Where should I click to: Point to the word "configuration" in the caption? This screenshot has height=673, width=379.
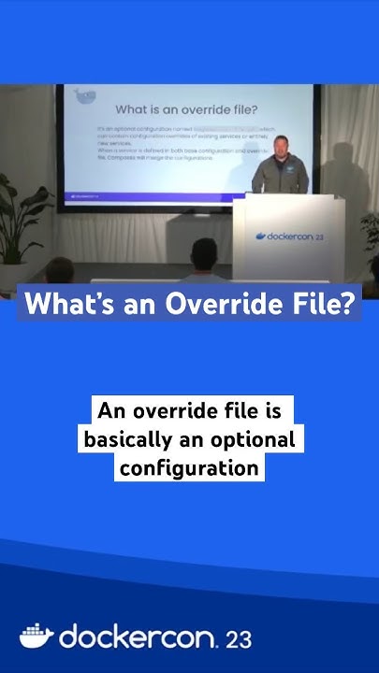190,466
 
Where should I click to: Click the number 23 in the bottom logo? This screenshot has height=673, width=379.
238,639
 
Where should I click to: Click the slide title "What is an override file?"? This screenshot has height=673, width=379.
187,109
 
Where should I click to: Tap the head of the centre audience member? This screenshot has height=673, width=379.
203,252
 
